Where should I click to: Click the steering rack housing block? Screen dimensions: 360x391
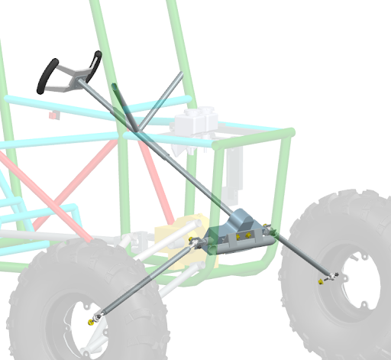(241, 233)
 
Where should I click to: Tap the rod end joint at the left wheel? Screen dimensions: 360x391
(100, 314)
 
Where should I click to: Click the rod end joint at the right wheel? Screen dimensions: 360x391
(331, 275)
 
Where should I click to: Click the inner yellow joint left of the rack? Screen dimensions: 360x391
(197, 244)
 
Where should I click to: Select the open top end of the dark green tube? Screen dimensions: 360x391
(115, 88)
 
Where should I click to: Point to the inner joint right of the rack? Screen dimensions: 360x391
(270, 229)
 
